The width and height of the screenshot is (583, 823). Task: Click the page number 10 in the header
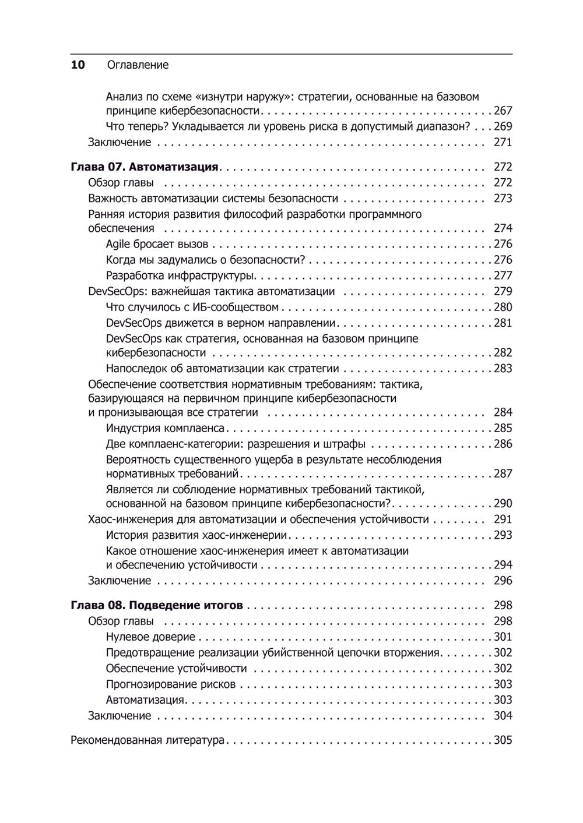pos(78,65)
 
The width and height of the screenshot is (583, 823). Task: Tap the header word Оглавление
pos(138,65)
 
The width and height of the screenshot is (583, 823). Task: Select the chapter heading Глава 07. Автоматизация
pos(144,167)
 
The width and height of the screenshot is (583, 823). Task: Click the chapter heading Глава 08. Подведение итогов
pos(156,605)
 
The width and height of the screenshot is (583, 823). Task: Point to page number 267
pos(503,111)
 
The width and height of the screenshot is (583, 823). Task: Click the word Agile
pos(118,245)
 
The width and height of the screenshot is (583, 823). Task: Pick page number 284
pos(503,413)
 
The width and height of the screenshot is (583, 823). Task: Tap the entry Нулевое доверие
pos(150,637)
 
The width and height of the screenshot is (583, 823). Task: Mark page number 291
pos(503,519)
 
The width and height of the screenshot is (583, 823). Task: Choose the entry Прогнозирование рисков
pos(171,684)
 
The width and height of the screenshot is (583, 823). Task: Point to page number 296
pos(503,581)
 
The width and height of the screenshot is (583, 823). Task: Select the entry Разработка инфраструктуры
pos(181,275)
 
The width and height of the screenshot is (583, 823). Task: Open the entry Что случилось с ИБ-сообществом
pos(192,307)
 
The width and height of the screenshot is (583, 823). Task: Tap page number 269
pos(503,126)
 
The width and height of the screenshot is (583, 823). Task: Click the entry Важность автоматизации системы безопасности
pos(213,199)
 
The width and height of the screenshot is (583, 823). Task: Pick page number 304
pos(503,715)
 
